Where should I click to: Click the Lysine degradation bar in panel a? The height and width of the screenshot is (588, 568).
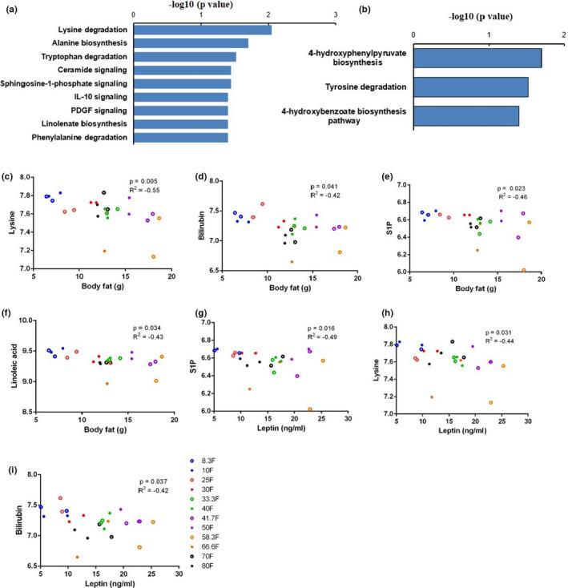pos(202,30)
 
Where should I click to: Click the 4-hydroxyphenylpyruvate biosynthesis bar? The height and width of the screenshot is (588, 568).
pos(477,58)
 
